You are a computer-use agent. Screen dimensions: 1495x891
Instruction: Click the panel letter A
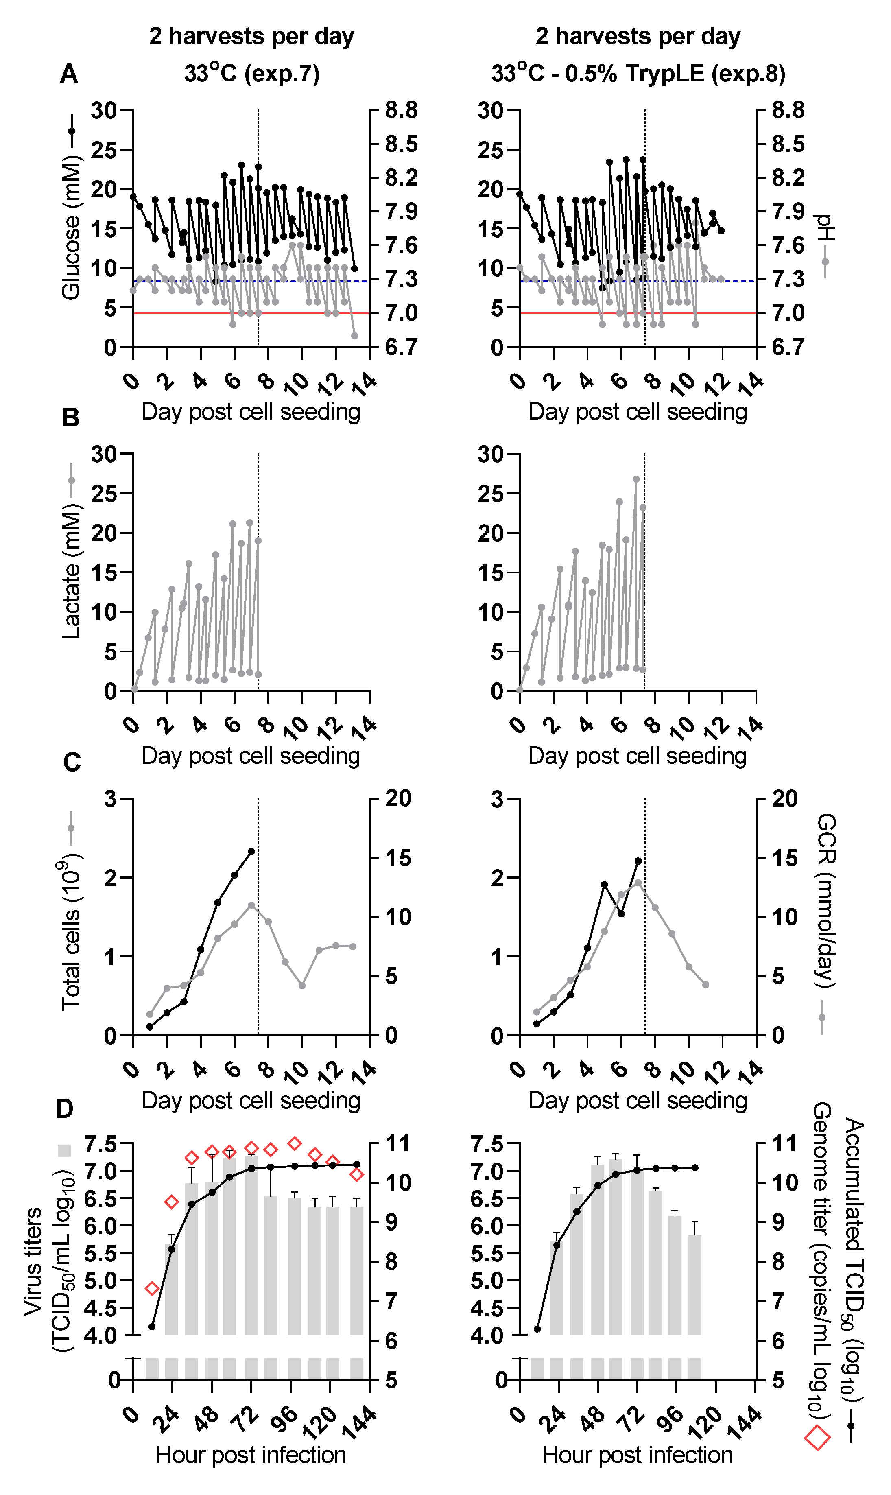pos(69,74)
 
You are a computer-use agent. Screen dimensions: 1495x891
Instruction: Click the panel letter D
pos(65,1109)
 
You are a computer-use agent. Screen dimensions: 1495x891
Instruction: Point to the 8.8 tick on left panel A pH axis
pos(401,110)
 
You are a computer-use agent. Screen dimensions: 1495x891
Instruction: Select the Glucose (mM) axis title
pos(71,228)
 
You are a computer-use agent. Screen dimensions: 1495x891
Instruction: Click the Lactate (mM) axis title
pos(71,570)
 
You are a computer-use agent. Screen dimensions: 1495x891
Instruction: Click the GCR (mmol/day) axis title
pos(826,900)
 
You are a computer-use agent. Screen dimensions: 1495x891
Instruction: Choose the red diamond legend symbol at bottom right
pos(817,1438)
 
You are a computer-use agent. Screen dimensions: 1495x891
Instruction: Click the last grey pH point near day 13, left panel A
pos(354,336)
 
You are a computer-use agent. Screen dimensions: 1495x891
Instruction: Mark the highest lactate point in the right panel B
pos(636,479)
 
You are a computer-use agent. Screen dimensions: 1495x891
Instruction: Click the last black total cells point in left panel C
pos(251,851)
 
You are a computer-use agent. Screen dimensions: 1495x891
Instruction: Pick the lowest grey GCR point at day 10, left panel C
pos(302,986)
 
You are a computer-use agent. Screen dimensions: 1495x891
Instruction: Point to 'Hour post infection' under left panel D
pos(251,1455)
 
